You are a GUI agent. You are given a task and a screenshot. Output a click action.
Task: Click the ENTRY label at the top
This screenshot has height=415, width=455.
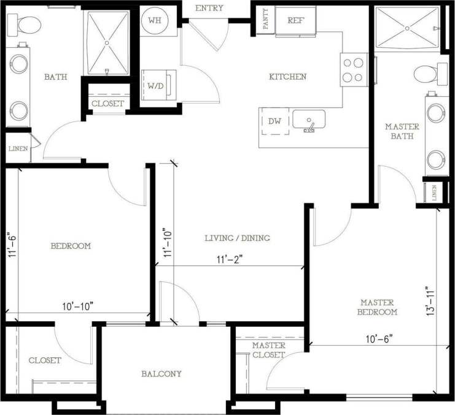[209, 8]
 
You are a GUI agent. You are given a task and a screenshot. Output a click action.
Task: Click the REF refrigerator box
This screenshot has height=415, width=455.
[296, 20]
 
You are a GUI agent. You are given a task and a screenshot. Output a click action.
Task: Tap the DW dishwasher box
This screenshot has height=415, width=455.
[274, 121]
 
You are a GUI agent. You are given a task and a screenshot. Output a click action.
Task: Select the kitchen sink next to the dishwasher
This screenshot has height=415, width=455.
[308, 120]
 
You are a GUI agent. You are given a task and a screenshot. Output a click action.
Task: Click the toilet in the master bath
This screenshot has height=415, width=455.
[427, 75]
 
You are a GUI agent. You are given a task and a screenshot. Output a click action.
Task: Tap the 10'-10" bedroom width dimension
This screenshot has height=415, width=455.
[77, 306]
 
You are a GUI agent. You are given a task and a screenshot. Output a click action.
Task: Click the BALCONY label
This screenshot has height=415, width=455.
[161, 373]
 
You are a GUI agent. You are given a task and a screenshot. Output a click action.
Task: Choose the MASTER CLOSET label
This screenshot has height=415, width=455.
[268, 350]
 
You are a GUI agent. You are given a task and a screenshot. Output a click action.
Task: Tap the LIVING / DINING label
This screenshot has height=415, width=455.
[237, 238]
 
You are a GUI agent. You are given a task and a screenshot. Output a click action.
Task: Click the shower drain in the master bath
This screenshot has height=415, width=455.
[407, 27]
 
